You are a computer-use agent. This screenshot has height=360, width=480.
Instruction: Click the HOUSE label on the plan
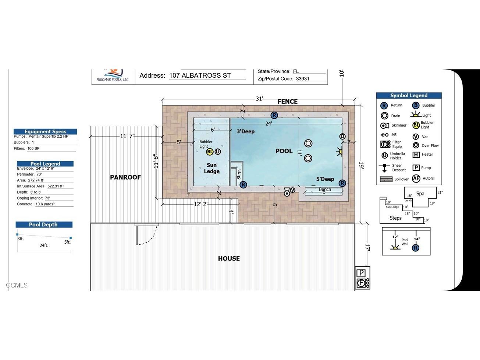[x=229, y=258]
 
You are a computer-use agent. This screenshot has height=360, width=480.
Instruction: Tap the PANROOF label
[x=125, y=177]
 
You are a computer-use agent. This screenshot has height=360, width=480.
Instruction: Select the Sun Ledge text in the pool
[x=211, y=168]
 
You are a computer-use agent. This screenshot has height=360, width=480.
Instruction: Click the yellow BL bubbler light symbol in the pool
[x=210, y=152]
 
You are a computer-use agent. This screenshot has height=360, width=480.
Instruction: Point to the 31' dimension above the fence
[x=259, y=99]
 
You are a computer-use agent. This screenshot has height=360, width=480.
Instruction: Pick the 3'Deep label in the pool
[x=245, y=131]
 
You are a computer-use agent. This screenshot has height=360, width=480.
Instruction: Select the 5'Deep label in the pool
[x=325, y=179]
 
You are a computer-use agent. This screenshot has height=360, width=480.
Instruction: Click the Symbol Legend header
[x=409, y=95]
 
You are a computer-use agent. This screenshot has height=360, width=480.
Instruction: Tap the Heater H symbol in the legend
[x=416, y=155]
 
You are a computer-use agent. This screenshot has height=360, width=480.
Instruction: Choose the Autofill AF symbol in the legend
[x=416, y=179]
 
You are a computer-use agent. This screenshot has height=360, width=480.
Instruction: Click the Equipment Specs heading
[x=45, y=131]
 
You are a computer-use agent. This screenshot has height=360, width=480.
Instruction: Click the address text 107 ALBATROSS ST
[x=200, y=75]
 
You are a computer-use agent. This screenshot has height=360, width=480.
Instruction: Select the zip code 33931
[x=303, y=79]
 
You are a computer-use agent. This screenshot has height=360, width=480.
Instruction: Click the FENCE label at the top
[x=287, y=102]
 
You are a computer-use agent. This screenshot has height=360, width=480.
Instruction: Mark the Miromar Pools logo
[x=113, y=75]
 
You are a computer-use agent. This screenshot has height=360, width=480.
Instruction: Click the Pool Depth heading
[x=43, y=225]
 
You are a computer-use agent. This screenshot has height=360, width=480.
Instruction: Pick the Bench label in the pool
[x=325, y=190]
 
